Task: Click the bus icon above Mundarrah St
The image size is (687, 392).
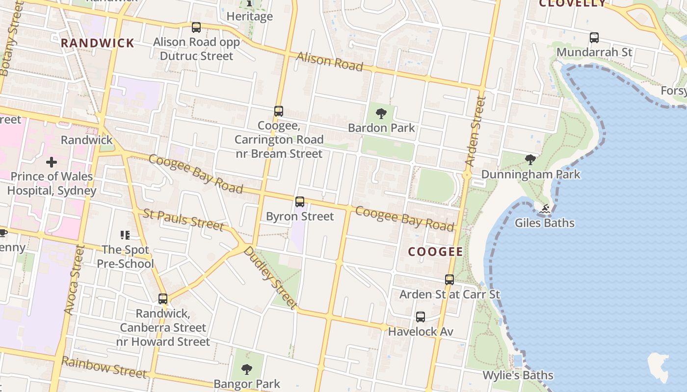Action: [x=594, y=37]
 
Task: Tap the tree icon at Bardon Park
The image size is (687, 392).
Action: [x=381, y=114]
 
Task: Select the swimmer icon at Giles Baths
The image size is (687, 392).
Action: [x=544, y=209]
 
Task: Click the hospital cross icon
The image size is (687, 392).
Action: [x=52, y=162]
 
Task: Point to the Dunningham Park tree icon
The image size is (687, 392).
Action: [x=530, y=159]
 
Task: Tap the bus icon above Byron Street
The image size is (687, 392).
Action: [x=299, y=202]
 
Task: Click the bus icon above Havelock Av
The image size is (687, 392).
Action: [x=420, y=317]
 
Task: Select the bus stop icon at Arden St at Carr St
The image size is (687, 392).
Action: [x=449, y=280]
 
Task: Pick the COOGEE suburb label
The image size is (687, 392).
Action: [x=436, y=252]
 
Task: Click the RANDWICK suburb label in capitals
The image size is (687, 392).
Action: [x=98, y=43]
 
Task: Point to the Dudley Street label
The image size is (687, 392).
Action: [x=270, y=278]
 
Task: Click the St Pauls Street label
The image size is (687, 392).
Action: [x=184, y=219]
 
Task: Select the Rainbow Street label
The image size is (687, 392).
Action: [x=104, y=367]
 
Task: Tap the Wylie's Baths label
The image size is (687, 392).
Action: [x=518, y=375]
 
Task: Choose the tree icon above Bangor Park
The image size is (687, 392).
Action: [x=247, y=369]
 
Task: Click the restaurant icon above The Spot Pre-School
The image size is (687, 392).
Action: [x=125, y=235]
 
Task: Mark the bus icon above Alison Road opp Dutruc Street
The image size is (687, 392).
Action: [x=196, y=27]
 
